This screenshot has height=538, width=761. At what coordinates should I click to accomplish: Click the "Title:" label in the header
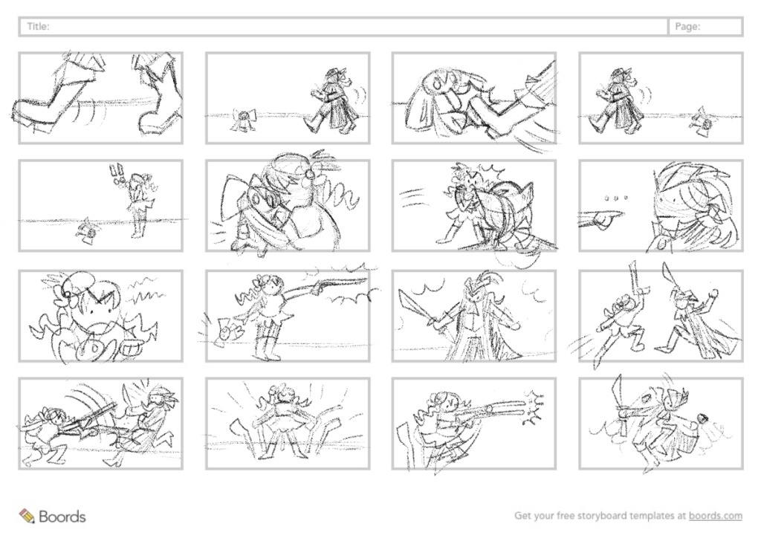click(38, 26)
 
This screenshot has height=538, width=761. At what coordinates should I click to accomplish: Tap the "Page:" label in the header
click(687, 27)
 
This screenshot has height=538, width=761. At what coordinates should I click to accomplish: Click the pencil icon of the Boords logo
click(27, 516)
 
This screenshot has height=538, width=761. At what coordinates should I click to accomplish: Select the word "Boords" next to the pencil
click(62, 516)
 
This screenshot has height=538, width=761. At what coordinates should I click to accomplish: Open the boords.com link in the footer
click(716, 515)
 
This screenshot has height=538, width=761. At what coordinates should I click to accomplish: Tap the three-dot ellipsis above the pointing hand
click(615, 198)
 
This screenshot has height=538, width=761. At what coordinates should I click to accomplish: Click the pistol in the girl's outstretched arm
click(335, 285)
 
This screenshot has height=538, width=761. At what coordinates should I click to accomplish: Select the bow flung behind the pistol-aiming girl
click(224, 331)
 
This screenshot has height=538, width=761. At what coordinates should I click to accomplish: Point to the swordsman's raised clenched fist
click(713, 293)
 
